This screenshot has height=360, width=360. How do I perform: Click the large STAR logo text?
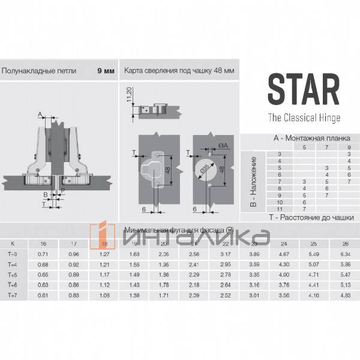(x=303, y=89)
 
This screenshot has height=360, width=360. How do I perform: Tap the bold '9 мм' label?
(x=106, y=70)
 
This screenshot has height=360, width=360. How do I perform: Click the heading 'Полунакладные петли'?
(x=39, y=70)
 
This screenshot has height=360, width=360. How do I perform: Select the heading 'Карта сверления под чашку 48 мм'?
(x=179, y=70)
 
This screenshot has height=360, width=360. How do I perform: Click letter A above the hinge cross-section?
(x=40, y=114)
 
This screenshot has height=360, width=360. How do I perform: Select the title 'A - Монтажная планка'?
(x=310, y=138)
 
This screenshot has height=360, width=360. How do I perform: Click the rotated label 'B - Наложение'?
(x=253, y=182)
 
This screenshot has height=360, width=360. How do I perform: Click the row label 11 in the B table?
(x=278, y=208)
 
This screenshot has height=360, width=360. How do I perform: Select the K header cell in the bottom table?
(x=13, y=244)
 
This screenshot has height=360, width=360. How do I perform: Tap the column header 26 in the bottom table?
(x=344, y=244)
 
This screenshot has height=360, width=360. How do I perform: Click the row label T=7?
(x=13, y=295)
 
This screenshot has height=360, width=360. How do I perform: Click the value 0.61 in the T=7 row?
(x=43, y=295)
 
